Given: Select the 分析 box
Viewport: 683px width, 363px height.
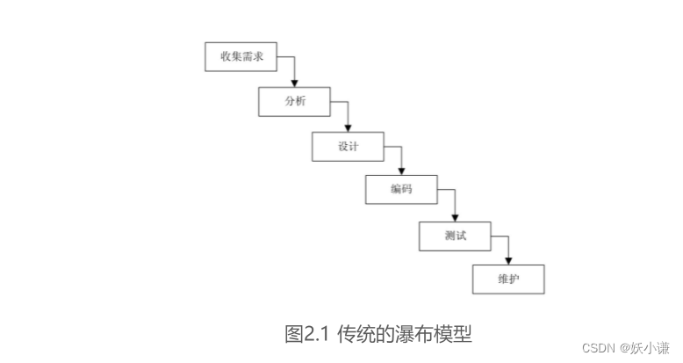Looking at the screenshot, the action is [x=294, y=101].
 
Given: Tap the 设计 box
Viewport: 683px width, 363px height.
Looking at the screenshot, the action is [x=348, y=146].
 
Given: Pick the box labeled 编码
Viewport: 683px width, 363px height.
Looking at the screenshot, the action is [x=401, y=190].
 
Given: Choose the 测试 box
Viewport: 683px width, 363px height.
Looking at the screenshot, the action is [x=455, y=236].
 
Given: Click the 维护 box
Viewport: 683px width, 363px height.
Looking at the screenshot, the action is [x=508, y=280].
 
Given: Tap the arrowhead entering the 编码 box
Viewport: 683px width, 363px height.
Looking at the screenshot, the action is [x=401, y=171].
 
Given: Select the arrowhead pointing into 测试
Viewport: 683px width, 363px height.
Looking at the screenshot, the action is [x=455, y=216].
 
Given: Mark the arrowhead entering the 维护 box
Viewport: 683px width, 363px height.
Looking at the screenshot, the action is [x=508, y=261].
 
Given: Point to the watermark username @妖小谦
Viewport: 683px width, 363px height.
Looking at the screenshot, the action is [x=645, y=347].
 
